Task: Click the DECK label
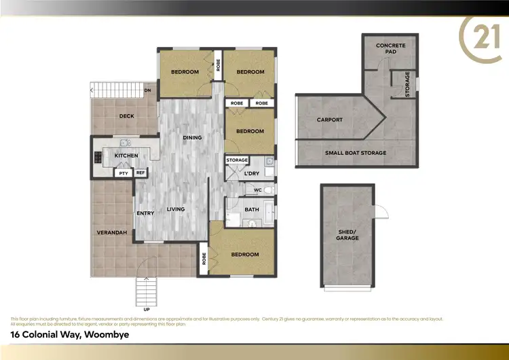click(x=126, y=116)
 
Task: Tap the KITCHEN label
click(x=126, y=156)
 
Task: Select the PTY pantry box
click(x=124, y=173)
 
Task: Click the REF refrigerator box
click(x=140, y=173)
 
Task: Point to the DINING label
click(x=192, y=138)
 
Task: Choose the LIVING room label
click(x=176, y=209)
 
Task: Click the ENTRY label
click(x=145, y=213)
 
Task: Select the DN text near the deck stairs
click(x=147, y=90)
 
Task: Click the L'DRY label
click(x=251, y=174)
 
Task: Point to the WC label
click(x=258, y=190)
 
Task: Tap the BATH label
click(x=252, y=209)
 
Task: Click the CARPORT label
click(x=330, y=120)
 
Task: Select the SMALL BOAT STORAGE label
click(x=356, y=153)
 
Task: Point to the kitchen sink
click(x=125, y=143)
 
